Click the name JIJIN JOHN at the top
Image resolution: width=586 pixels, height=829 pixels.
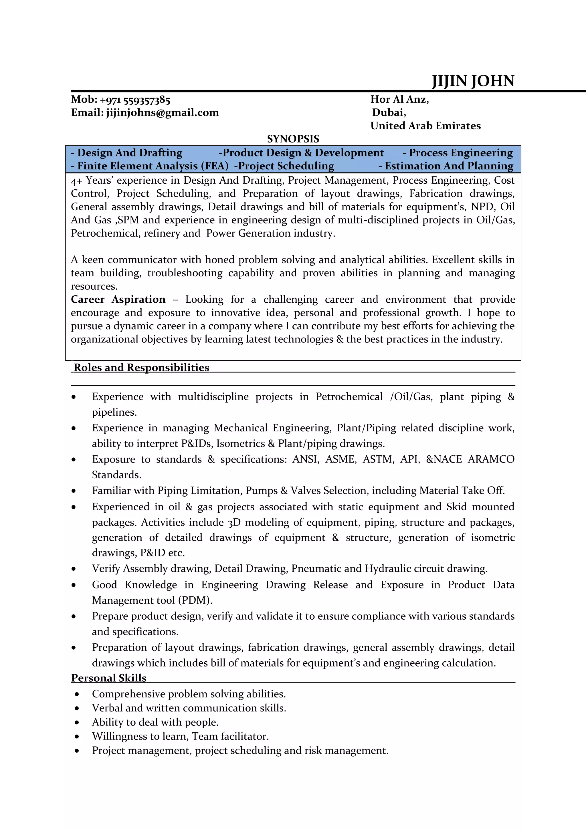pos(473,81)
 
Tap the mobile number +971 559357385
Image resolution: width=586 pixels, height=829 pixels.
pos(135,100)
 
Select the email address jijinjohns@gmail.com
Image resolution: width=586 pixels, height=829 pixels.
pos(162,113)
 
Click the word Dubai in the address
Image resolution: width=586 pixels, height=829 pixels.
pos(389,113)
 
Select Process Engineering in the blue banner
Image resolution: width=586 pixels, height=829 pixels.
pos(460,153)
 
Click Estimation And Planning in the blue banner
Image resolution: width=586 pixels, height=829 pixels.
pos(449,166)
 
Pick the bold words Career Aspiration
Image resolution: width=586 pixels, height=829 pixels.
pos(118,299)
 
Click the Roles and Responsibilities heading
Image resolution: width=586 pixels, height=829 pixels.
pos(142,368)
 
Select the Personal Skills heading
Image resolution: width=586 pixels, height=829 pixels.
pos(109,678)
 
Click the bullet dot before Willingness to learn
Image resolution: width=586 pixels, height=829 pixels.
pos(77,737)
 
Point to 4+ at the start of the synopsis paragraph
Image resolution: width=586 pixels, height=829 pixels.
pos(77,181)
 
